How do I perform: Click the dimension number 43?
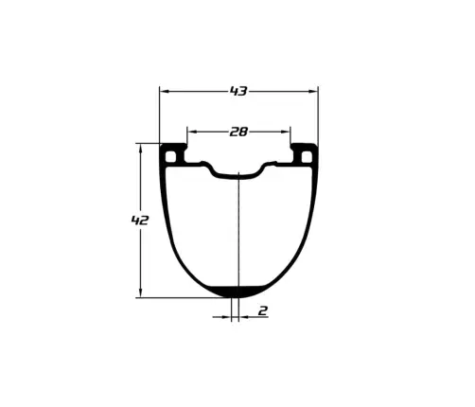click(x=238, y=91)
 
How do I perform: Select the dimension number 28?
click(x=238, y=132)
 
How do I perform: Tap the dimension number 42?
click(x=140, y=221)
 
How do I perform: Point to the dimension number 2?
click(x=263, y=310)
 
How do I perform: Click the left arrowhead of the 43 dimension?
click(x=165, y=92)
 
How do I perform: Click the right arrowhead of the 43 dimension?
click(x=312, y=92)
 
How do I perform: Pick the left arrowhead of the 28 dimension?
click(x=193, y=132)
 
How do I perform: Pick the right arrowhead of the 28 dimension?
click(x=285, y=132)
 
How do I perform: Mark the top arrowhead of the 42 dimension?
click(x=141, y=149)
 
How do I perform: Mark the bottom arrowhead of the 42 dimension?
click(x=141, y=292)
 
